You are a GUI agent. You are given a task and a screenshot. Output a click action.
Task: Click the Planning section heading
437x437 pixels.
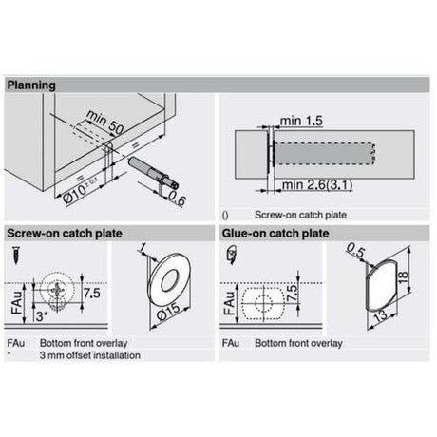(x=31, y=85)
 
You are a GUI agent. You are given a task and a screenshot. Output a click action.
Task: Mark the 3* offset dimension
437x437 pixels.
(x=40, y=314)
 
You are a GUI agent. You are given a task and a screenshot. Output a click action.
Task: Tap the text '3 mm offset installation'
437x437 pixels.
(x=89, y=354)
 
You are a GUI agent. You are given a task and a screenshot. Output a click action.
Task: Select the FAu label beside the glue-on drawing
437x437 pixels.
(x=229, y=296)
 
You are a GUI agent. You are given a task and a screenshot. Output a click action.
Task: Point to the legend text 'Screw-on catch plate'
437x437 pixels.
(x=295, y=214)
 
